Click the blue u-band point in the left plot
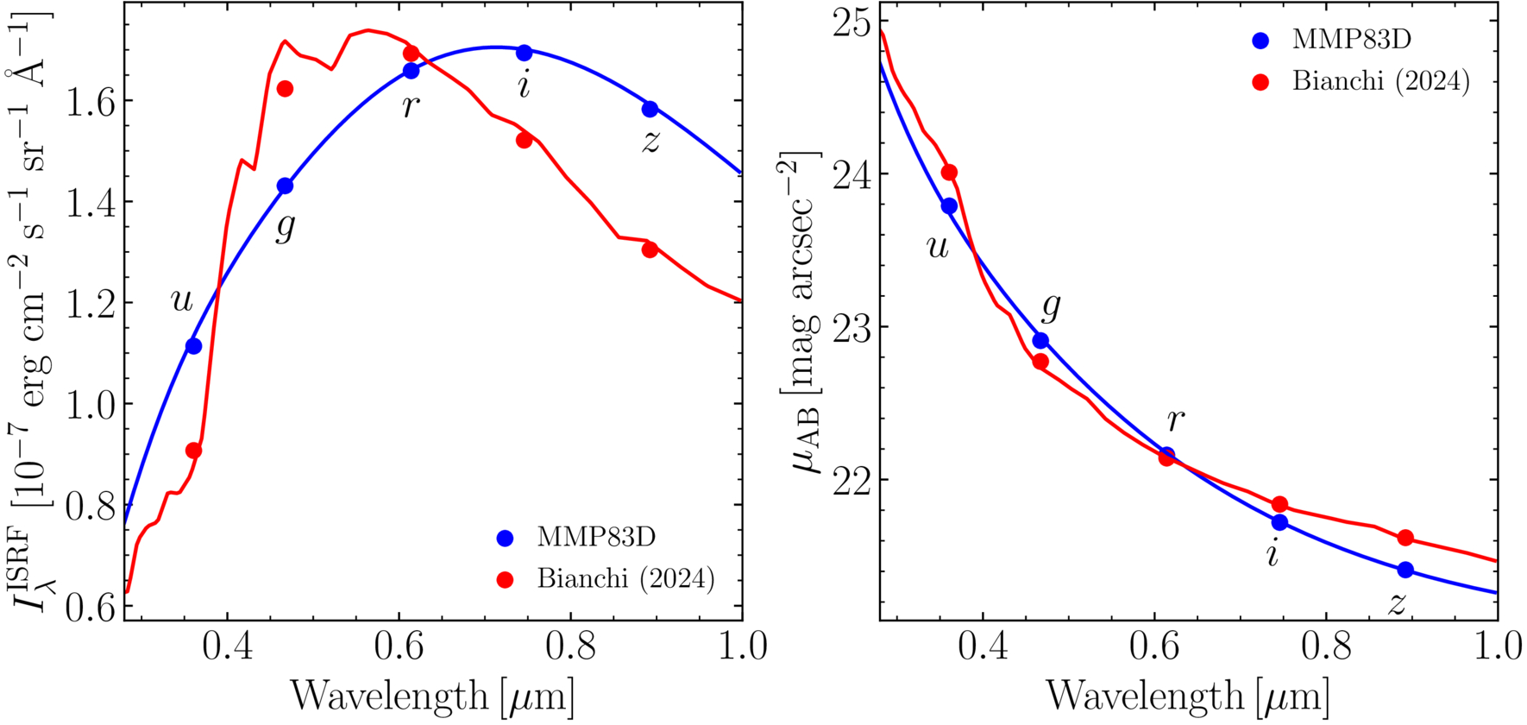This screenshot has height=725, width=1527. coord(193,346)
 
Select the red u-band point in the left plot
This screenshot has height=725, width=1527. coord(194,451)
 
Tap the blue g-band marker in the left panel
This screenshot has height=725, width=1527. coord(285,186)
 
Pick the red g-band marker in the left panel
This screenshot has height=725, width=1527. coord(285,89)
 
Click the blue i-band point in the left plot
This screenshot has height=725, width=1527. coord(524,53)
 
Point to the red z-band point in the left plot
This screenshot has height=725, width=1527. coord(650,249)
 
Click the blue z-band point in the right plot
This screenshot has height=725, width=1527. coord(1405,570)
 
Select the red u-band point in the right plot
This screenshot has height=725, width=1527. coord(949,173)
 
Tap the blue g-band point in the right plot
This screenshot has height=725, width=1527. coord(1040,341)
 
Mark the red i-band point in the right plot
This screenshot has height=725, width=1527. coord(1279,504)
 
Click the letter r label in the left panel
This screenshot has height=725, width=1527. coord(411,106)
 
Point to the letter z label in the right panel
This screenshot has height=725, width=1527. coord(1398,604)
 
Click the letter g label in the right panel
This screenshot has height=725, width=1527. coord(1051,306)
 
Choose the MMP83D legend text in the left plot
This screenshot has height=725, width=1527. coord(596,537)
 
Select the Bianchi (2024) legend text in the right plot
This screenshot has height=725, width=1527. coord(1380,81)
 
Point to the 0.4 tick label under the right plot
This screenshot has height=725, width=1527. coord(983,646)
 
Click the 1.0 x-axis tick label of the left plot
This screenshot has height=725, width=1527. coord(743,646)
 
